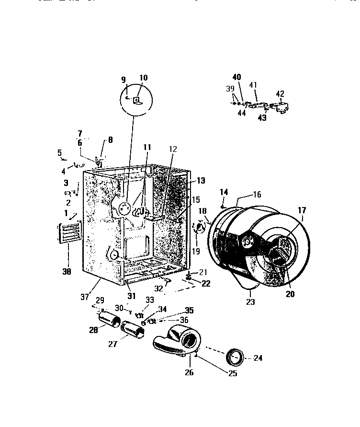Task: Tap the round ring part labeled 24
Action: (x=235, y=358)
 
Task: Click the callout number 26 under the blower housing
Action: (x=189, y=372)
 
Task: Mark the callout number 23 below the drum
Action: (x=250, y=302)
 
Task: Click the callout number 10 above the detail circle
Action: (x=144, y=78)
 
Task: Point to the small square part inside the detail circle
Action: (x=137, y=100)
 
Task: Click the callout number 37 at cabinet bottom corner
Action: (x=85, y=297)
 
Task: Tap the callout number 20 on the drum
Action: (x=290, y=294)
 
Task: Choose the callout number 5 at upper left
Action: (x=60, y=153)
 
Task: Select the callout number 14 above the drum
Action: (x=223, y=192)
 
